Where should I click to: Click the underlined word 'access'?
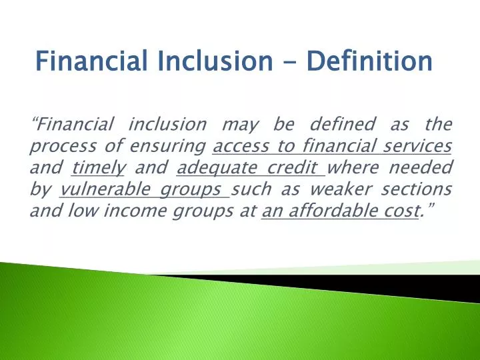240,146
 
